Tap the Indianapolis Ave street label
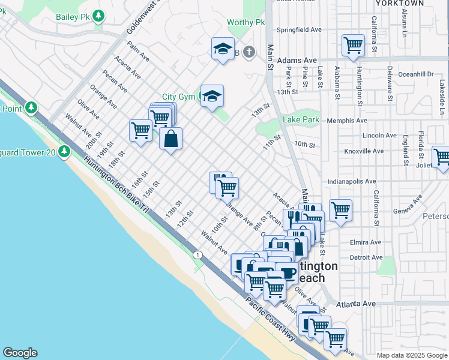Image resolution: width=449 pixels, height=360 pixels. (352, 181)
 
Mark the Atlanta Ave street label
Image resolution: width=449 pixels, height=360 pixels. (359, 304)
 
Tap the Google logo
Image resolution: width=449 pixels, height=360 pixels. (20, 353)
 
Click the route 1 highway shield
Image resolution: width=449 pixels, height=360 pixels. (197, 255)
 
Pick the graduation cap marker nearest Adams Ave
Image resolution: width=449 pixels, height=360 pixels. (223, 49)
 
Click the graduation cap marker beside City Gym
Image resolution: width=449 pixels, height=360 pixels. (212, 96)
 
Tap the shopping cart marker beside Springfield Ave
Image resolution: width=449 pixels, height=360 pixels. (353, 45)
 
